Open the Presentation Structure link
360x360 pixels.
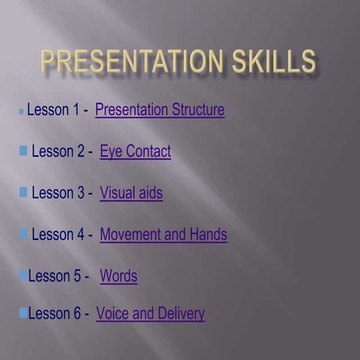coord(160,110)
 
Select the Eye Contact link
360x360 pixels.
coord(135,151)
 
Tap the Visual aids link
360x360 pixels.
coord(131,193)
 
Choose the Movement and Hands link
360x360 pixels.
coord(163,234)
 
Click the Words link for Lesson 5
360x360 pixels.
coord(118,276)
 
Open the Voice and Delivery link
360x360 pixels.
coord(150,313)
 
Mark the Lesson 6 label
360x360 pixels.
coord(55,313)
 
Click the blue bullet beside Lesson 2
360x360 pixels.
coord(23,151)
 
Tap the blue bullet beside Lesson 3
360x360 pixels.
coord(23,192)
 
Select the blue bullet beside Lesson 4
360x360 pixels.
coord(23,233)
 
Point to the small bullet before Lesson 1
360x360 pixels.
coord(22,112)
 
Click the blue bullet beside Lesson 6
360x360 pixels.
coord(23,313)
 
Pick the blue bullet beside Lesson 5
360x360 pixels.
coord(23,275)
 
